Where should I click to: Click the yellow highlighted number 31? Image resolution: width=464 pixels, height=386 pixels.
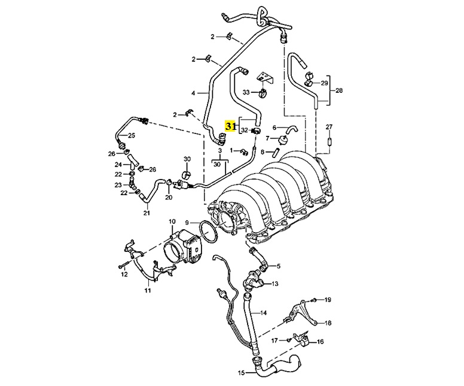point(231,126)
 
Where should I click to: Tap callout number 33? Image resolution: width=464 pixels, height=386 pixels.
point(245,92)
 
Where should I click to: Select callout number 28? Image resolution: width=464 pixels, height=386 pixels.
point(339,91)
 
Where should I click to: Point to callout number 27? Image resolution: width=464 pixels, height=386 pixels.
point(328,127)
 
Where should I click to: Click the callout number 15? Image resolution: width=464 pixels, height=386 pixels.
point(242,373)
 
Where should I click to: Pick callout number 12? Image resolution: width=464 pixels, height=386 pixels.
point(124,274)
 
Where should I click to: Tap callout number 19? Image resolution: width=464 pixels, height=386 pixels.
point(328,299)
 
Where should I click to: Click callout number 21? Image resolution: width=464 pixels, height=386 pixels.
point(146,212)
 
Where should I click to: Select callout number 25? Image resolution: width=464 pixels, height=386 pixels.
point(132,136)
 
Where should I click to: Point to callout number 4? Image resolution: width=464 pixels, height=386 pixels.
point(193,93)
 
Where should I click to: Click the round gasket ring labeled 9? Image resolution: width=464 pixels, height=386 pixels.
point(207,233)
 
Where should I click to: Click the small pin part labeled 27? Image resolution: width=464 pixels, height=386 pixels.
point(328,143)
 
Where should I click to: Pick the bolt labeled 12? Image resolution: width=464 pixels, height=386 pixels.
point(122,264)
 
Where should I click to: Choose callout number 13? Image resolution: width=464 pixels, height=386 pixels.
point(276,284)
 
